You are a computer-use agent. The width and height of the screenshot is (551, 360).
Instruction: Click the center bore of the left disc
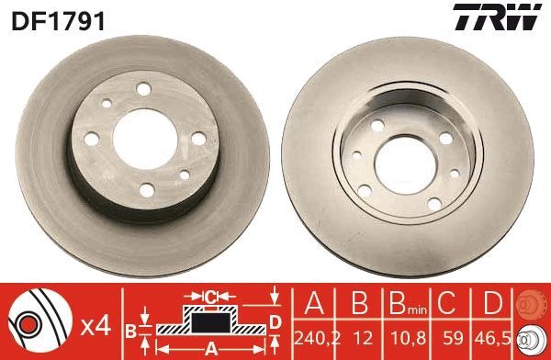[138, 139]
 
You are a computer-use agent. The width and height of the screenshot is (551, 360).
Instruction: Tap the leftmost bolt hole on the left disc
[92, 140]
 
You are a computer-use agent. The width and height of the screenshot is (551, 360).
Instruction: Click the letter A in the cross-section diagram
[210, 348]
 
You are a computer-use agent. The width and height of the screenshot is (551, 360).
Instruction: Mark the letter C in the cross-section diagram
[210, 296]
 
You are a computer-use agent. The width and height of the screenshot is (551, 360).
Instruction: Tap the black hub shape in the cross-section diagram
[210, 322]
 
